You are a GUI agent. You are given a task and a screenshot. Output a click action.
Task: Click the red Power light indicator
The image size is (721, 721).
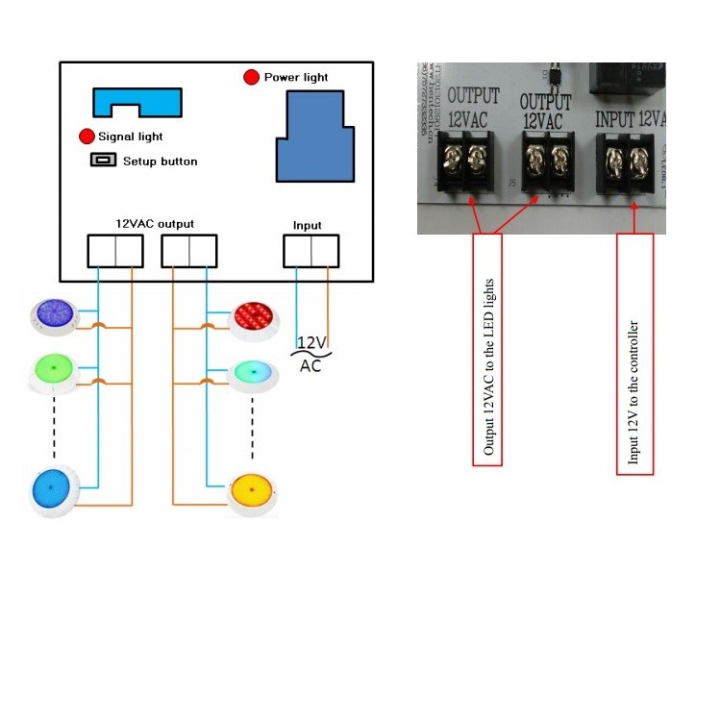pos(252,77)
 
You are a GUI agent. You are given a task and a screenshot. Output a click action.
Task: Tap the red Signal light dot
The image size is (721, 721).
pos(87,137)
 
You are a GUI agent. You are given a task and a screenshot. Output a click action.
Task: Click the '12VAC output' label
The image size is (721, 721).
pos(155,223)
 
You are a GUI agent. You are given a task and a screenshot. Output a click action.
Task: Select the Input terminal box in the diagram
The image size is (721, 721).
pos(311,251)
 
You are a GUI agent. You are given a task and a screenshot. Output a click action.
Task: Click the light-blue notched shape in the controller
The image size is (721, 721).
pos(137,102)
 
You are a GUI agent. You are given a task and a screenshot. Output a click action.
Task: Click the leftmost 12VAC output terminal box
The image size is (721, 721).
pos(115,251)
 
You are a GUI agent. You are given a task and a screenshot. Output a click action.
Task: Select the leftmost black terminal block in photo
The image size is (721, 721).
pos(462,163)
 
